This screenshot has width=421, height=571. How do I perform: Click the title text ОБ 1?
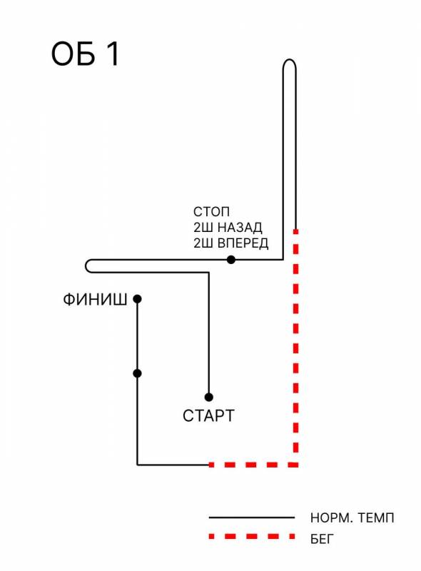85,54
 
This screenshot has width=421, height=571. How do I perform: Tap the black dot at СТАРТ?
208,397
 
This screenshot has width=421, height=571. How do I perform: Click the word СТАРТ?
208,416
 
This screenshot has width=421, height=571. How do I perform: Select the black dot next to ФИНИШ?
137,299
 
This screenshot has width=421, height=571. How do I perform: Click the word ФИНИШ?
95,300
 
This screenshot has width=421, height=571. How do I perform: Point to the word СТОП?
211,211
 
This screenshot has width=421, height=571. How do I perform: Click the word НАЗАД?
240,228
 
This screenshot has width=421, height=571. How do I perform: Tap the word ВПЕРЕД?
243,243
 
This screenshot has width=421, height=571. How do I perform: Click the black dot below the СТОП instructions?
231,260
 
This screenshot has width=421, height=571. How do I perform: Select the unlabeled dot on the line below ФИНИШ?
137,373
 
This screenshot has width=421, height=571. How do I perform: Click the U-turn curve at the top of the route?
290,60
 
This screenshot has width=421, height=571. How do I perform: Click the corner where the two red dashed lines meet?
295,465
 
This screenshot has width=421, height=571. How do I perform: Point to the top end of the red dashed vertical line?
295,230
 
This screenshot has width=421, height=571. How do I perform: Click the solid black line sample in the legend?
252,517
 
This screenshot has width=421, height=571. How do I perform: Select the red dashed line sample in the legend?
252,536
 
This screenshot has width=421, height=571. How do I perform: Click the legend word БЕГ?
322,539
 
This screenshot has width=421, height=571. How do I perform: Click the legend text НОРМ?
331,518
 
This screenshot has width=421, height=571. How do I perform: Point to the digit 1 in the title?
113,54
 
